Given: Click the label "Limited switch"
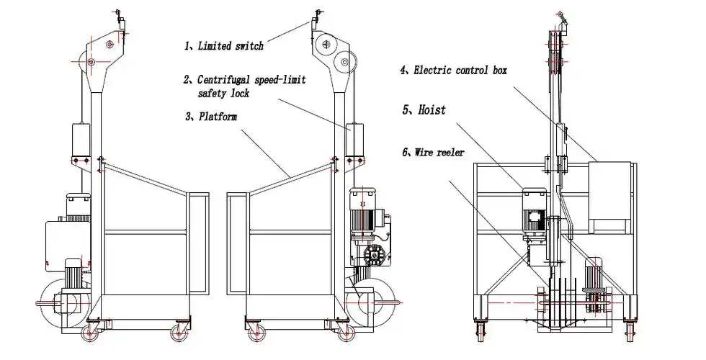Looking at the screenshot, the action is point(231,46).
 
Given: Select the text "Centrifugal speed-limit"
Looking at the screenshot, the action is point(251,80).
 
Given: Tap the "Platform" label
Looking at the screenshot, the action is point(218,117).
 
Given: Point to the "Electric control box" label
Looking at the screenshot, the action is point(460,71).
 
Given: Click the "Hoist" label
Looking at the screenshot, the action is point(432,109).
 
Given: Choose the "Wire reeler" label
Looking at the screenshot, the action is point(439,153).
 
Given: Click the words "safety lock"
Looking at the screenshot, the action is point(223,93).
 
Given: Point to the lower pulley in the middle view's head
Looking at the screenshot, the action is point(345,60).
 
